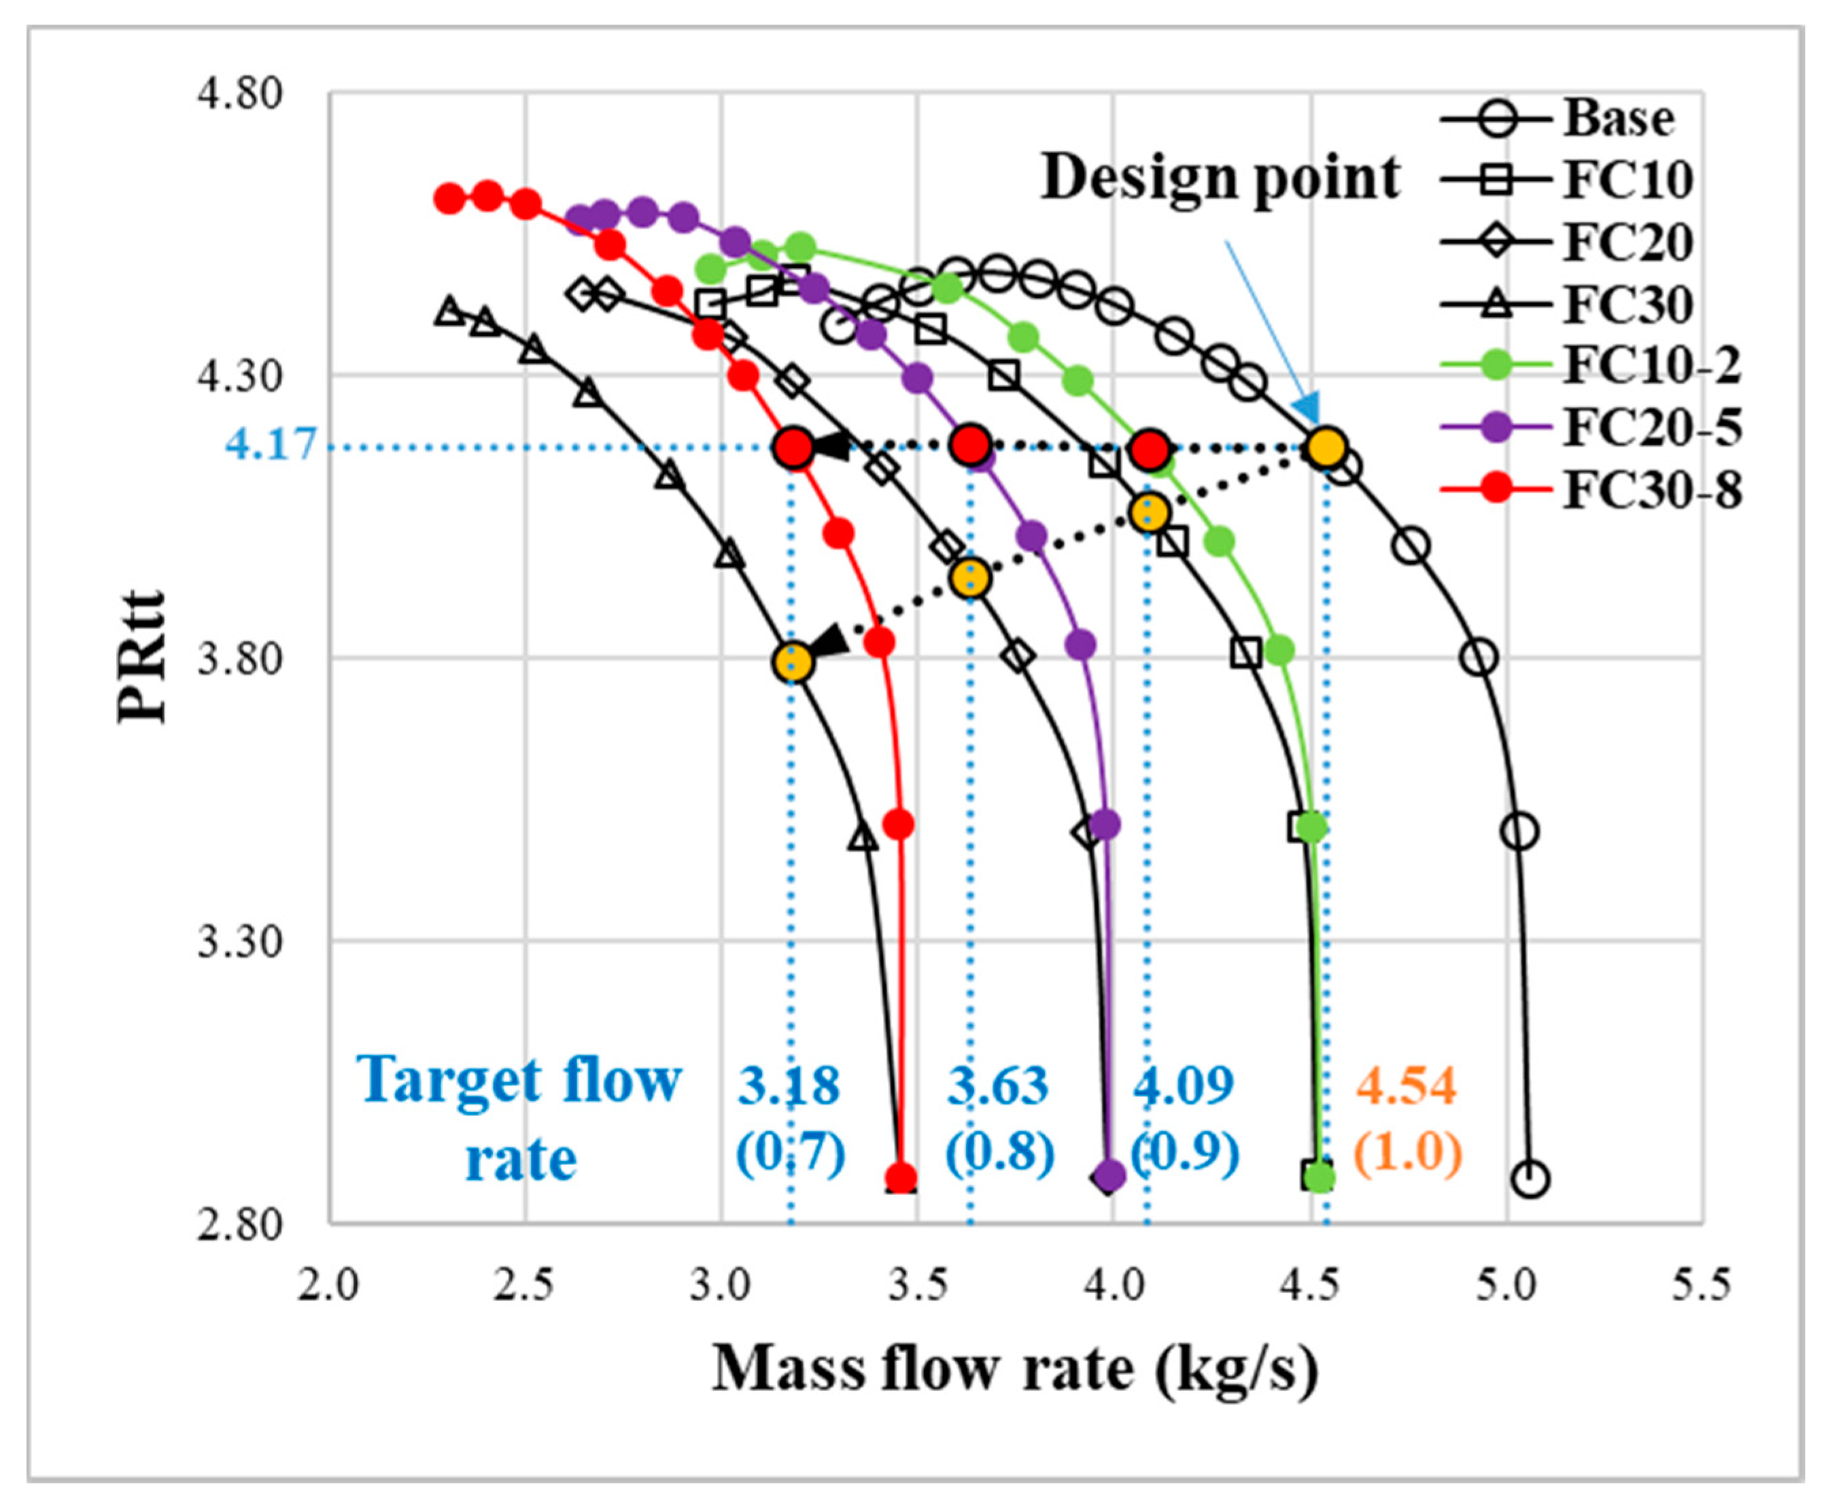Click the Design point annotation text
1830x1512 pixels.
[x=1220, y=179]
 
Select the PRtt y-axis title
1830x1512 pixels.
[x=141, y=658]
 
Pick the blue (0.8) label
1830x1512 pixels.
[x=999, y=1152]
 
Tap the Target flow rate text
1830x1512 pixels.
[x=520, y=1117]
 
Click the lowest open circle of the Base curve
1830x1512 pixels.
[x=1530, y=1179]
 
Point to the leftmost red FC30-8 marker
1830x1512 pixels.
[x=449, y=199]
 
